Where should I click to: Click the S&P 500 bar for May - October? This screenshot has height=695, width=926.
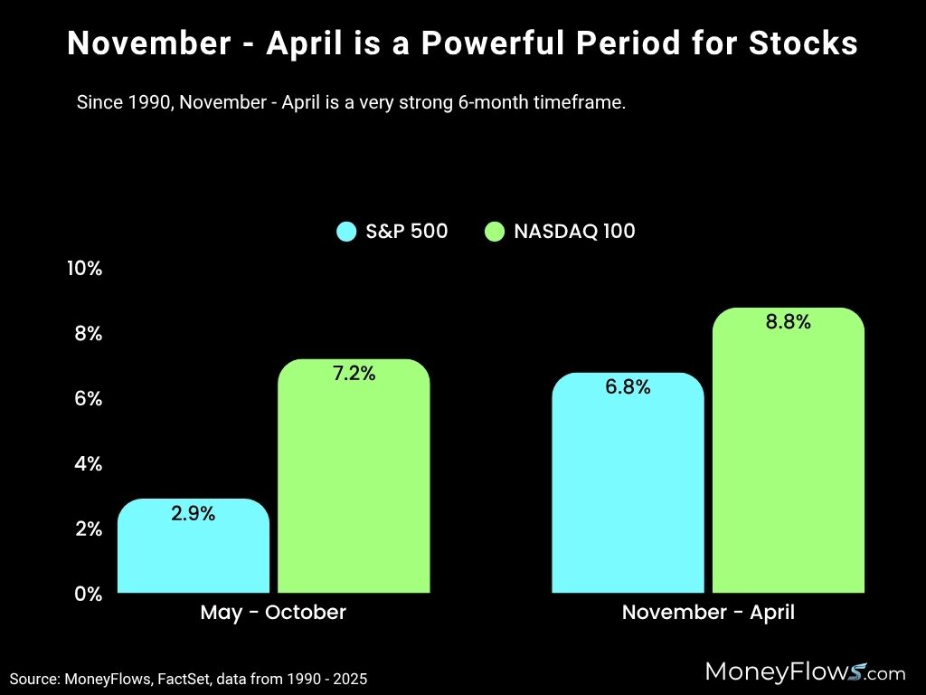click(194, 552)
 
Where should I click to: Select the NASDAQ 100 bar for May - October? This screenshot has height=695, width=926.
click(354, 489)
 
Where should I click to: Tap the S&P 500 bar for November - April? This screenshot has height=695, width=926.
click(628, 493)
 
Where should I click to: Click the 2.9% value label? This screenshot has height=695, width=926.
click(194, 514)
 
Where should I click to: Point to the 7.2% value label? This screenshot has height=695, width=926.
click(354, 374)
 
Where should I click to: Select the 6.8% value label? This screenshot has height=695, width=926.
click(628, 387)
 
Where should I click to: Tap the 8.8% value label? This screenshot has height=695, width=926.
click(789, 322)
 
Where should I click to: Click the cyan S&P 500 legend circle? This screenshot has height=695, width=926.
click(346, 232)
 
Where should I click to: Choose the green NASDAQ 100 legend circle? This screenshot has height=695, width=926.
click(495, 232)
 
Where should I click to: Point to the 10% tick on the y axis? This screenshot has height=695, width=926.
click(84, 269)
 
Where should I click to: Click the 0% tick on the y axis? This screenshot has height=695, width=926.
click(88, 594)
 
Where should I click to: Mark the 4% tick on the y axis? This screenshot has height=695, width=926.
click(88, 463)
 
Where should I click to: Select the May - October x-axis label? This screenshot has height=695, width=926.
click(273, 613)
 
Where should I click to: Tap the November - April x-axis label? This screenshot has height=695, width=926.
click(708, 613)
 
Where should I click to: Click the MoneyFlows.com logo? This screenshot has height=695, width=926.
click(804, 672)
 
